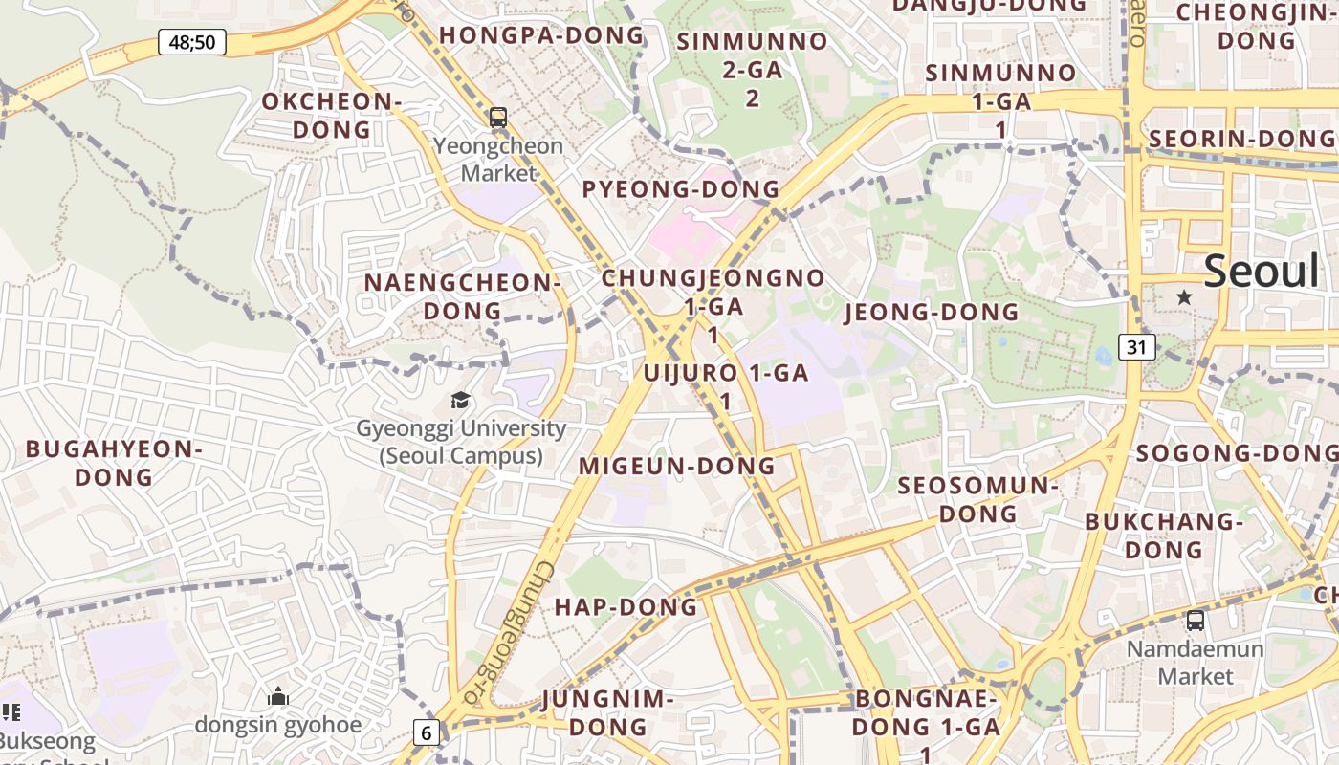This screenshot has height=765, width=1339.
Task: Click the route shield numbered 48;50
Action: click(x=191, y=42)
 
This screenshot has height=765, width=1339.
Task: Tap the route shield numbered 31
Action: click(x=1135, y=346)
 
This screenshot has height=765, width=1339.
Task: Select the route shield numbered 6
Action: click(x=427, y=732)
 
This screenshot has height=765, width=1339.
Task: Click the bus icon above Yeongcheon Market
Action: click(x=498, y=118)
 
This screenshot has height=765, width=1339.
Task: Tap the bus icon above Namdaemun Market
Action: click(x=1195, y=621)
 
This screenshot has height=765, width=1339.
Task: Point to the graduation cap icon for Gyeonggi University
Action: click(x=461, y=400)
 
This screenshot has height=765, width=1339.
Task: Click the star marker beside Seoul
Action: click(x=1184, y=297)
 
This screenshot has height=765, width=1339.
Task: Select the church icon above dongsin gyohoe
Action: click(x=278, y=695)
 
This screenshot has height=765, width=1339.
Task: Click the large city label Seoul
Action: click(x=1261, y=272)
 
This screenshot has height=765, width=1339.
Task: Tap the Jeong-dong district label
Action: click(x=932, y=312)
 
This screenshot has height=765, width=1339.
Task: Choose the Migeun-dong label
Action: click(x=677, y=466)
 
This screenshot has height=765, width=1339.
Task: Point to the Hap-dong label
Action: click(x=626, y=607)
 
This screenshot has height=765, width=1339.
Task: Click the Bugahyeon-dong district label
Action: click(x=114, y=463)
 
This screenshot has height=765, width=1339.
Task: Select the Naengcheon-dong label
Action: click(x=462, y=296)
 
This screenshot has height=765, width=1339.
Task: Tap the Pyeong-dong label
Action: click(x=681, y=188)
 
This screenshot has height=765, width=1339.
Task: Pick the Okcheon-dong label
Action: click(x=331, y=115)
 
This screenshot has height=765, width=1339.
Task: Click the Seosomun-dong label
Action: click(x=977, y=499)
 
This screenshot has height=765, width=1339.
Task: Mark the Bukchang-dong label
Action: click(x=1163, y=535)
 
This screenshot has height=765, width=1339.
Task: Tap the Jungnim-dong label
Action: click(x=607, y=712)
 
